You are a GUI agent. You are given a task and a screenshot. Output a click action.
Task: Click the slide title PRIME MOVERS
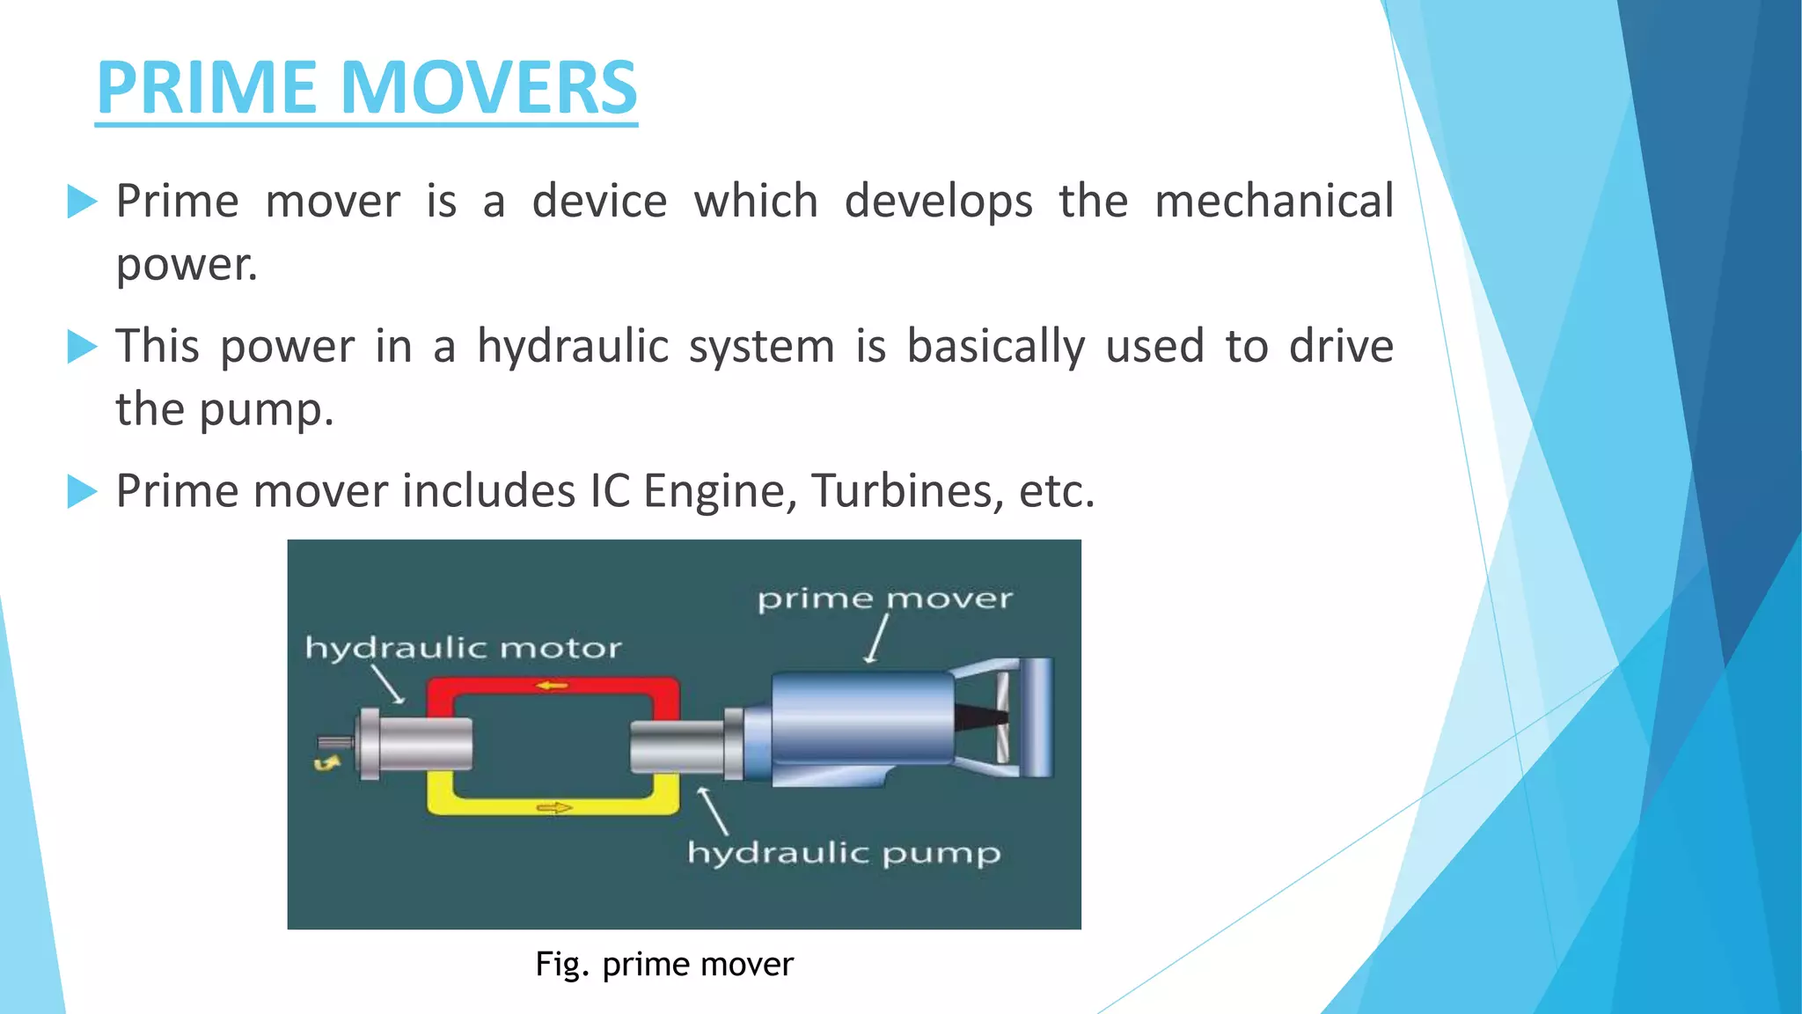pos(366,87)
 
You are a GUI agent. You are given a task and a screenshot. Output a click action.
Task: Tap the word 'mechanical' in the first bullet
pos(1273,201)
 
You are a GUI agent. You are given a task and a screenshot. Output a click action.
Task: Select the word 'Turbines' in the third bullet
pos(907,490)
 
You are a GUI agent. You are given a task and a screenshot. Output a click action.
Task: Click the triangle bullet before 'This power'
pos(82,347)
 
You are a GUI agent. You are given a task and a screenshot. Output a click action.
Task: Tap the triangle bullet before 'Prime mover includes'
pos(82,491)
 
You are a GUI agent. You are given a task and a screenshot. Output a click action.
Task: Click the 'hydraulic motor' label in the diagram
pos(463,649)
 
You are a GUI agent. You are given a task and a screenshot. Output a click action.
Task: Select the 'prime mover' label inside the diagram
pos(884,599)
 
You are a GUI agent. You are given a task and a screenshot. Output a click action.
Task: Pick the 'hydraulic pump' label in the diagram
pos(844,853)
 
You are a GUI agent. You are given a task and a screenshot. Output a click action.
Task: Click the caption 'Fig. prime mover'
pos(664,965)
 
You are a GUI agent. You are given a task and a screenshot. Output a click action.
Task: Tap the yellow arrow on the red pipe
pos(553,685)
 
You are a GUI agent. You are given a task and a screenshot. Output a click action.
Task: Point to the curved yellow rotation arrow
pos(327,763)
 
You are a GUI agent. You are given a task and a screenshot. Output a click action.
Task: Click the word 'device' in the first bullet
pos(599,201)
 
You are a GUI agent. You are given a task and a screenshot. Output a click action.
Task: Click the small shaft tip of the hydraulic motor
pos(335,742)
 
